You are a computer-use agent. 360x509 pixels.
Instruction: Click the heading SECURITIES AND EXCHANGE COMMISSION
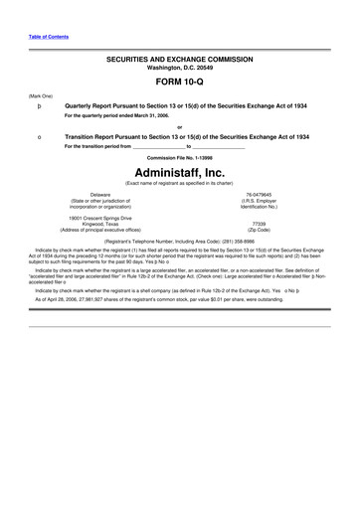tap(179, 60)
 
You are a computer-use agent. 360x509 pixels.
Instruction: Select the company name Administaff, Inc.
tap(180, 172)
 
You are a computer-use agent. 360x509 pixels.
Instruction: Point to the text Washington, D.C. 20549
tap(179, 68)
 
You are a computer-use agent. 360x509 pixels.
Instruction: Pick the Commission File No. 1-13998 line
tap(180, 157)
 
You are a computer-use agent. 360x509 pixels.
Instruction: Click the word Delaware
tap(100, 194)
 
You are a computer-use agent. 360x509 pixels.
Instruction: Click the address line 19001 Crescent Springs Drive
tap(100, 218)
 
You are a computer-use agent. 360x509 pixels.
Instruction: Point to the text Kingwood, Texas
tap(100, 224)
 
